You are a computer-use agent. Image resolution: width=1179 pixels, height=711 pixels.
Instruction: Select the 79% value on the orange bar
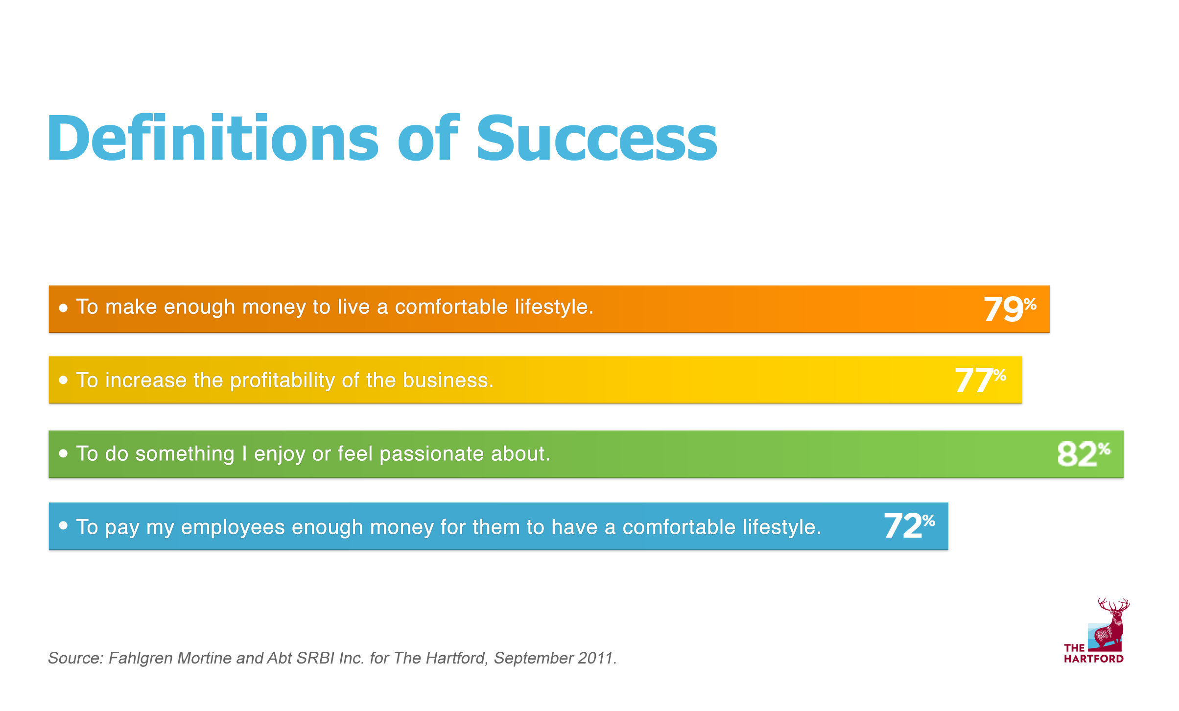[x=1010, y=309]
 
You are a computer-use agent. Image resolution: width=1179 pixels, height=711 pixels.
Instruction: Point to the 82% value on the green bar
[x=1084, y=453]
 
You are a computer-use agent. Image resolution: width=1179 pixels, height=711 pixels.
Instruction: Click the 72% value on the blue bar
[x=909, y=526]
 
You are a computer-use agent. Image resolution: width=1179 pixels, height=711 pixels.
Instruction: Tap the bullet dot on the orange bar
[x=63, y=308]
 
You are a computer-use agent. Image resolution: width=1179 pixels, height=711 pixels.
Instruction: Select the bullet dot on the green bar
[x=63, y=453]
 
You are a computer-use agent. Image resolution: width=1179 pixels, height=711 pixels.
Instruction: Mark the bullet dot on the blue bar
[x=63, y=525]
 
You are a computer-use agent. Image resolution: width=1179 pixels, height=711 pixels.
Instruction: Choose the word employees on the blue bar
[x=233, y=528]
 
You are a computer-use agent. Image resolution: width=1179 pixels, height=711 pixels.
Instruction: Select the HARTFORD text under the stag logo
[x=1094, y=659]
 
